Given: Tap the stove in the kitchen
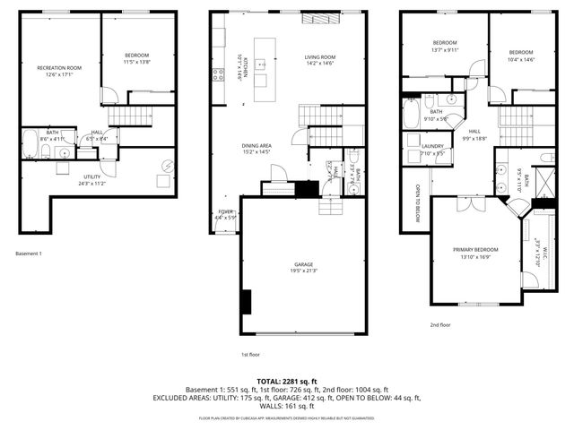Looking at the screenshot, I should (217, 75).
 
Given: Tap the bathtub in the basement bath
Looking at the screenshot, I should (30, 142).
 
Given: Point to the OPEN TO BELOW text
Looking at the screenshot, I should (418, 205).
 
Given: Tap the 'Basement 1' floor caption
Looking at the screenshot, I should (29, 254).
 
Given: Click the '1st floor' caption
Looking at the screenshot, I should (250, 353).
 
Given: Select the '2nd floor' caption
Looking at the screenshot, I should (440, 324).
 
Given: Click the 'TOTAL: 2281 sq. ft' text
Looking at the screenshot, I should (287, 382).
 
